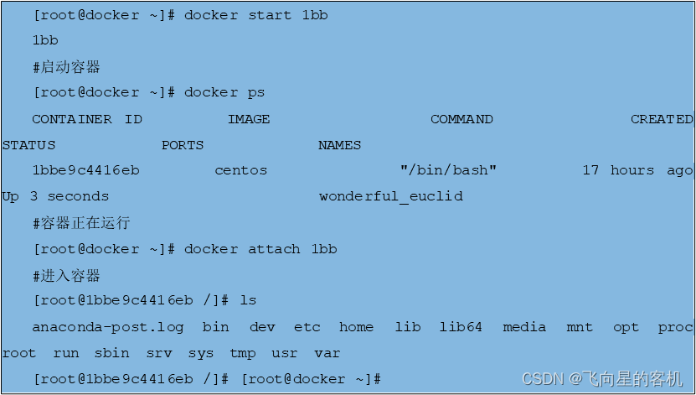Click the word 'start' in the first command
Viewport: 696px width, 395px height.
pos(270,15)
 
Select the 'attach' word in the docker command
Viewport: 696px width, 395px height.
pos(274,249)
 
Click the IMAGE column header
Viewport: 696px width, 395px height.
pos(249,119)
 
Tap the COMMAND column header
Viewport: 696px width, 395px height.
pos(461,119)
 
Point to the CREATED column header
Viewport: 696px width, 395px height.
pos(662,119)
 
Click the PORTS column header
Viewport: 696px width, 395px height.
pos(183,145)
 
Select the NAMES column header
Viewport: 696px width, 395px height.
pos(339,145)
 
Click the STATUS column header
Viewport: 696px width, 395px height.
pos(28,145)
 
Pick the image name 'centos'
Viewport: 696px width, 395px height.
pos(241,170)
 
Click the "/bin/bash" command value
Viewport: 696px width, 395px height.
pos(448,170)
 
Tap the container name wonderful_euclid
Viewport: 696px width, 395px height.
pos(391,196)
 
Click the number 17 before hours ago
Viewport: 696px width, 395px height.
pos(590,170)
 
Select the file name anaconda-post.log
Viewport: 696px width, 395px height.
pos(108,327)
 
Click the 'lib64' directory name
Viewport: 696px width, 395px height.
pos(461,327)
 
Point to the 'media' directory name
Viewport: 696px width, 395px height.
pos(524,327)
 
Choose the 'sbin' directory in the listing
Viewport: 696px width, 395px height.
pos(112,353)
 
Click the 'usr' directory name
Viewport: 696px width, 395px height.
pos(285,354)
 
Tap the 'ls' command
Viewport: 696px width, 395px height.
pos(248,300)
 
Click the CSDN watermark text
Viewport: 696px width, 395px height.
pos(602,379)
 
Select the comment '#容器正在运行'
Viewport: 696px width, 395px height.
pos(81,223)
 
